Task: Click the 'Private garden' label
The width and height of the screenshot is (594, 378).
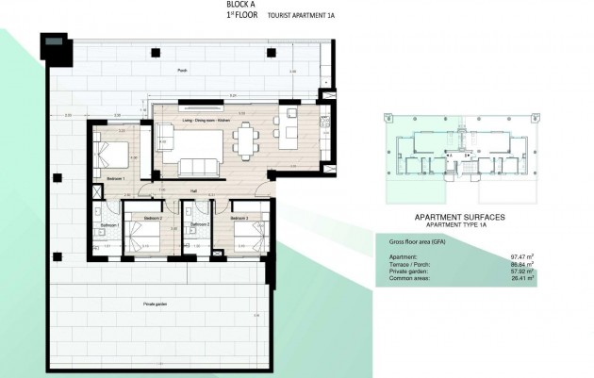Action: [157, 304]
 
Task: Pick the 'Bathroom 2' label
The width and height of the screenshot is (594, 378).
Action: [199, 225]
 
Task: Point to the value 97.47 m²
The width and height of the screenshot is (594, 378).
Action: [520, 255]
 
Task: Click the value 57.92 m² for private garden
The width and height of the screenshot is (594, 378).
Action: [520, 271]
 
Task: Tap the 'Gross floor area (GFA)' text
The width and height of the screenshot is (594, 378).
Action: [421, 241]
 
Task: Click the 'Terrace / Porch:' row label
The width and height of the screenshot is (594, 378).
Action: [411, 263]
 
